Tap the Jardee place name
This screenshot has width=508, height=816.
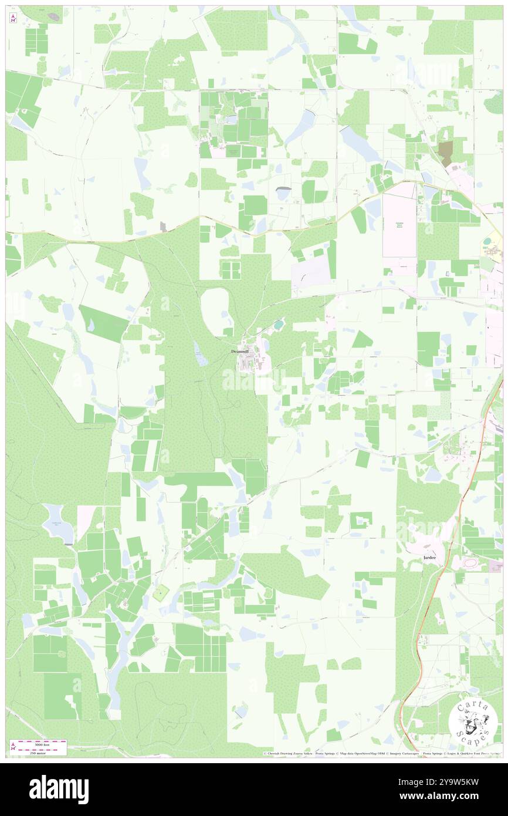coord(431,556)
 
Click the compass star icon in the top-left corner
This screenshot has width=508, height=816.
coord(13,18)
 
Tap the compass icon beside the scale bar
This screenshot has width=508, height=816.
coord(13,746)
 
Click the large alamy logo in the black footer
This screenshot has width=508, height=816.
coord(59,789)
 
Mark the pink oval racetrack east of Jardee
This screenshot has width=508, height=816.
coord(469,563)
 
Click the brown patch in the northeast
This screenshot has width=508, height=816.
coord(445,153)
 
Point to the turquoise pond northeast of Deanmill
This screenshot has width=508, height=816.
coord(278,324)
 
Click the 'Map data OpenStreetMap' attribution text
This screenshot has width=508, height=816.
coord(360,754)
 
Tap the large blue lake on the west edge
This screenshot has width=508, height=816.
coord(57,522)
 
